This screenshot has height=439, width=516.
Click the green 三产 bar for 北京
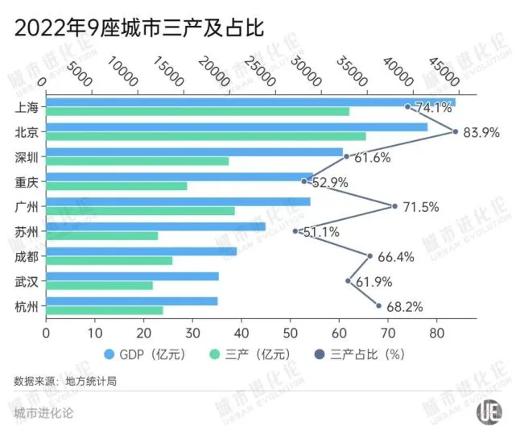click(x=206, y=136)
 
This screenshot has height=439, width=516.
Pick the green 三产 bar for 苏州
click(x=102, y=236)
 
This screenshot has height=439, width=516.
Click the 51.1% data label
click(x=320, y=232)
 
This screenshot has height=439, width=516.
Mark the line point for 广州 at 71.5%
click(x=394, y=206)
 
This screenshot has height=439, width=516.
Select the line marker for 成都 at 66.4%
click(x=369, y=256)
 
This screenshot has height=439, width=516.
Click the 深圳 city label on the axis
click(x=27, y=156)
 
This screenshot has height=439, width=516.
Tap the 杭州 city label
click(x=27, y=306)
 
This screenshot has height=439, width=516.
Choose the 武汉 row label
click(x=27, y=281)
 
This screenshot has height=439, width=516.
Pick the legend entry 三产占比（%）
click(x=365, y=354)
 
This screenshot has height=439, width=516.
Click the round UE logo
click(x=488, y=412)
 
